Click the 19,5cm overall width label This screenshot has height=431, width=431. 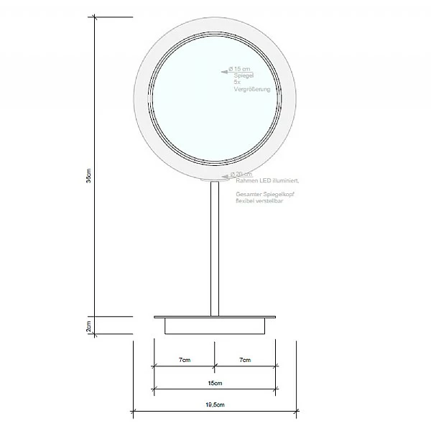point(215,406)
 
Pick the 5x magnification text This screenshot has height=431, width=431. point(237,82)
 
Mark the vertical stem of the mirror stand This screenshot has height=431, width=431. point(214,248)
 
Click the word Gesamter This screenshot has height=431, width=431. point(248,194)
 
